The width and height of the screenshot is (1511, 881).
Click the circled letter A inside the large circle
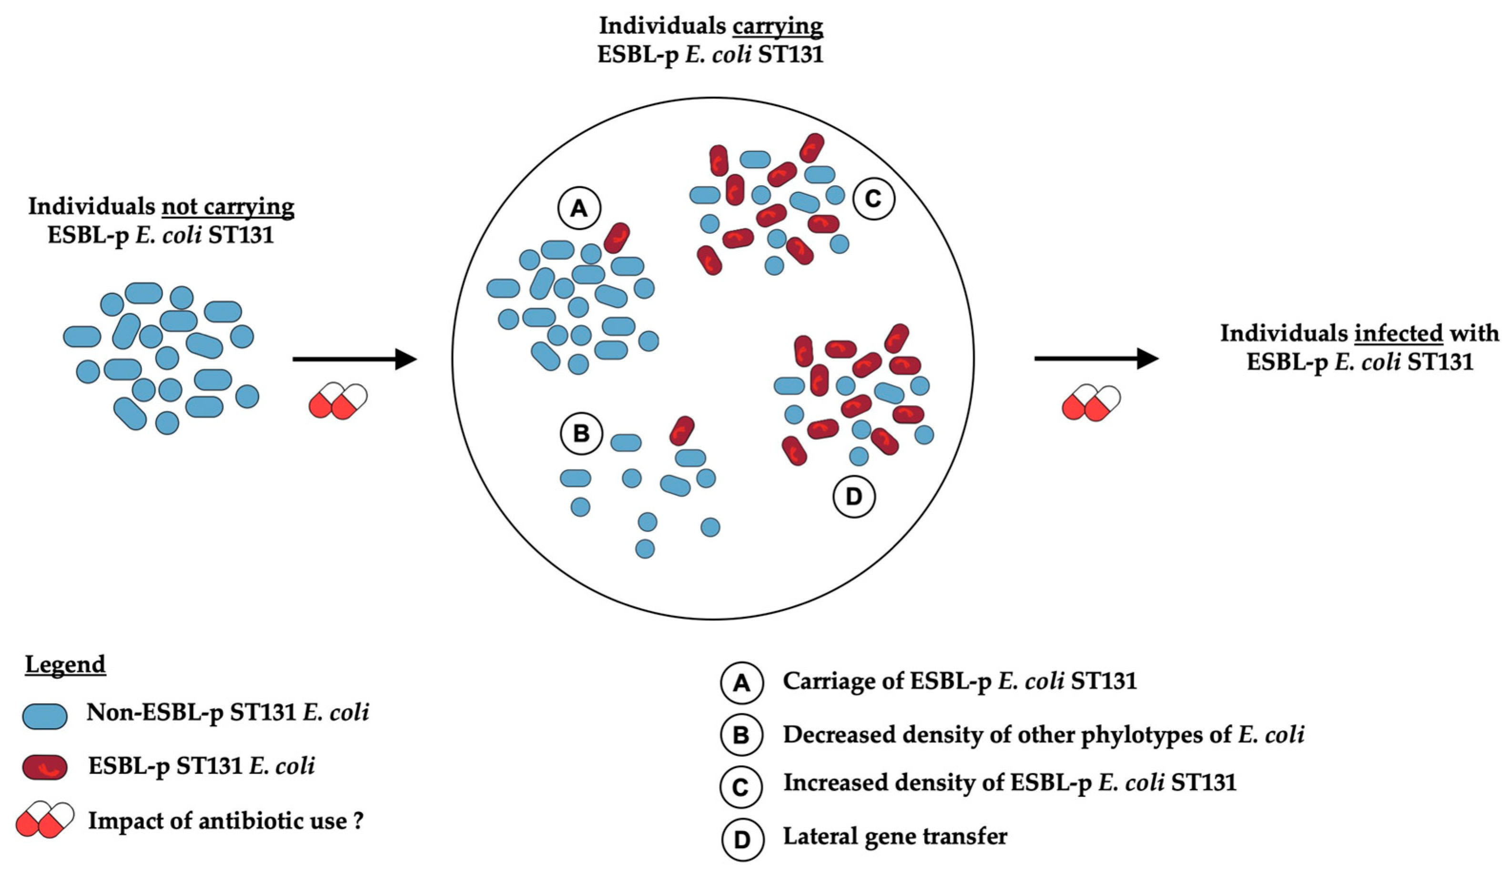click(578, 209)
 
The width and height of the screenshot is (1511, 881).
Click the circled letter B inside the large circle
click(581, 433)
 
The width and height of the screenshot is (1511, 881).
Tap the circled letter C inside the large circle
click(873, 199)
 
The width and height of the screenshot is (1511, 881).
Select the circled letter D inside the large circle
click(853, 496)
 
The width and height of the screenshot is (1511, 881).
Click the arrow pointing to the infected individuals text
click(1096, 359)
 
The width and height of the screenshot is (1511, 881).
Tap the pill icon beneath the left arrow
click(337, 400)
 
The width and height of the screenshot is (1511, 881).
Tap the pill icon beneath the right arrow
click(1091, 403)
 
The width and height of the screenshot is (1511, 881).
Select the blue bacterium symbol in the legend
click(44, 716)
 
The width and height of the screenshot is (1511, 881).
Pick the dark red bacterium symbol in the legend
click(44, 767)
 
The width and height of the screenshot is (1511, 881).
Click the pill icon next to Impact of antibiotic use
click(45, 819)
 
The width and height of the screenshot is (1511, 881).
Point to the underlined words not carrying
click(228, 207)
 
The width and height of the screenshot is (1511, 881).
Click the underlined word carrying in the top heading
click(776, 26)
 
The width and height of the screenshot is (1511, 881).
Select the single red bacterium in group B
click(682, 431)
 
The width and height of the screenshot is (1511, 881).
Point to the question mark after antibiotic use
click(358, 821)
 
